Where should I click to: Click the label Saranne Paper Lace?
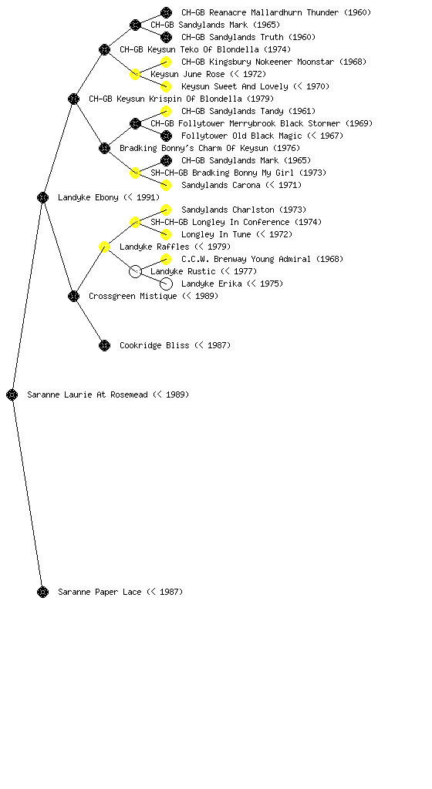(120, 592)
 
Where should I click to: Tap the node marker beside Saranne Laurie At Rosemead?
(12, 394)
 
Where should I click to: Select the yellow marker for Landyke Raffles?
(104, 247)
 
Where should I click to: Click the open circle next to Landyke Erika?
(166, 284)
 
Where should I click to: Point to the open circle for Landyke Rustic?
(135, 271)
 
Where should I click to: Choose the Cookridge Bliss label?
(174, 345)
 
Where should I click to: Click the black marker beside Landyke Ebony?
(42, 197)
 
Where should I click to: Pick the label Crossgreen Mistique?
(154, 296)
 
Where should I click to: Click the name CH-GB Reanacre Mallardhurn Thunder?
(276, 12)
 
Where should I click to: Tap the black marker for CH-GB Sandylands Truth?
(166, 37)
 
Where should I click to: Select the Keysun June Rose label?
(208, 74)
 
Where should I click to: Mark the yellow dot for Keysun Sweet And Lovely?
(166, 86)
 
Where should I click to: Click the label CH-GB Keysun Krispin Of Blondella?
(181, 99)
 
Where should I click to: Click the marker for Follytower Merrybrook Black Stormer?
(135, 123)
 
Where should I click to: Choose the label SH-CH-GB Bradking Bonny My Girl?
(238, 173)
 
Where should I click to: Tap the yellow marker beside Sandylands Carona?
(166, 185)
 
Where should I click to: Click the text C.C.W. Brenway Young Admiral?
(262, 259)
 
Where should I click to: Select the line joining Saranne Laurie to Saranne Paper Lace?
(27, 493)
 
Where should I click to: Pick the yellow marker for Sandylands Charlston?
(166, 210)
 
